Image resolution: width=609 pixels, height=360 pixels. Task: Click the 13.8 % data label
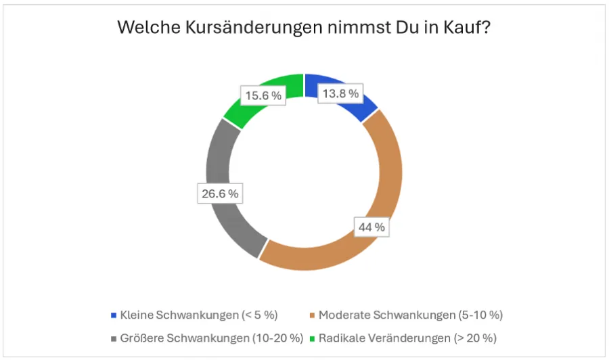pos(340,94)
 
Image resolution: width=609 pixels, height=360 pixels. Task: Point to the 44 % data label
pos(371,227)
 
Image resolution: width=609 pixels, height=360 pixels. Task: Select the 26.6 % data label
pos(219,194)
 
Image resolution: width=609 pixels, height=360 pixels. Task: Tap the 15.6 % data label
pos(263,95)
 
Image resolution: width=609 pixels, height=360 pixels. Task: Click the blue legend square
pos(113,315)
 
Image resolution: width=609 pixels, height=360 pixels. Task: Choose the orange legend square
pos(312,315)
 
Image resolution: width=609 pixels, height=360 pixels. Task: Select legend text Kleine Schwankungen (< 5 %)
pos(199,315)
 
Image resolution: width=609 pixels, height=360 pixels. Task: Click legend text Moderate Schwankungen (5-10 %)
pos(411,315)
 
